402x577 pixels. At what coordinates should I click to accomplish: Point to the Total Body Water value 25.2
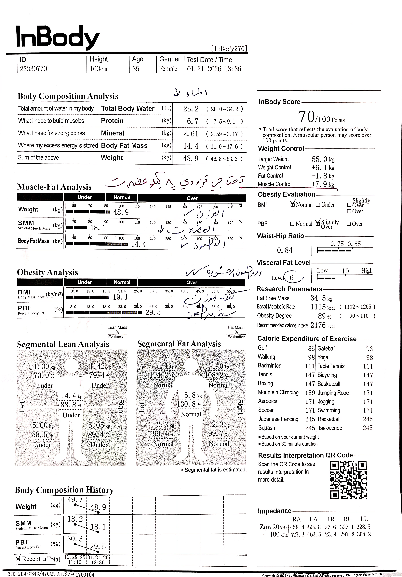coord(191,109)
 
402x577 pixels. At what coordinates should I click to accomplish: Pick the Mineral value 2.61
coord(191,134)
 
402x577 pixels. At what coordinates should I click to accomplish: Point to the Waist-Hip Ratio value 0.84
coord(285,250)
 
